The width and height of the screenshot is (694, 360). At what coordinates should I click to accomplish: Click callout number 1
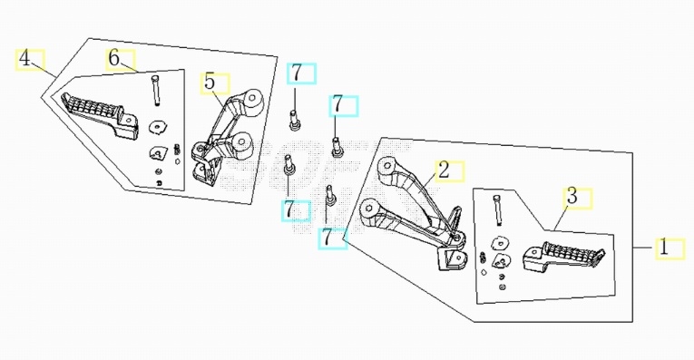click(x=663, y=248)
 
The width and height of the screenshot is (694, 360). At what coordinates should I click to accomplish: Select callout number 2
click(x=444, y=170)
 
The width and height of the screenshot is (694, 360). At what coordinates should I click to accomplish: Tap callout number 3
click(x=572, y=196)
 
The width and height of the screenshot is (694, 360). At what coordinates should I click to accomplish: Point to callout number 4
click(x=24, y=58)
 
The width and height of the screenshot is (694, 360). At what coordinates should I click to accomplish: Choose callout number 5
click(x=210, y=82)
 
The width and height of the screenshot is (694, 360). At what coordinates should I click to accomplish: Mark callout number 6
click(x=114, y=58)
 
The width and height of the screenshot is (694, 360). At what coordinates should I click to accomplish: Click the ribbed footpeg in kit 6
click(x=100, y=113)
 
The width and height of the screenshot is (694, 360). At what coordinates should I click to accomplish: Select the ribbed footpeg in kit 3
click(x=563, y=257)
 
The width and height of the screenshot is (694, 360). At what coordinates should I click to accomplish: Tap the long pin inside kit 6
click(x=155, y=91)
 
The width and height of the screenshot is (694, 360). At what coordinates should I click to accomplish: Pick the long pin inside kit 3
click(x=497, y=210)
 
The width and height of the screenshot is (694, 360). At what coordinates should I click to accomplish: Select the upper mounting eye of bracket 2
click(x=387, y=167)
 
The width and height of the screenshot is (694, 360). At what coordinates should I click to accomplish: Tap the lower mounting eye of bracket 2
click(x=370, y=209)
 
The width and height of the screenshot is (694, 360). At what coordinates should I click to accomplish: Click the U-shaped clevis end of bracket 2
click(x=452, y=258)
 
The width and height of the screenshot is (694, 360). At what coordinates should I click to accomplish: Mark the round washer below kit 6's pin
click(x=157, y=127)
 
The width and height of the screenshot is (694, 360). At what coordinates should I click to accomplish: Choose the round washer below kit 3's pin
click(x=500, y=244)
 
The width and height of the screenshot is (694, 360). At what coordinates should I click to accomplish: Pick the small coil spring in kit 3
click(x=483, y=258)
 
